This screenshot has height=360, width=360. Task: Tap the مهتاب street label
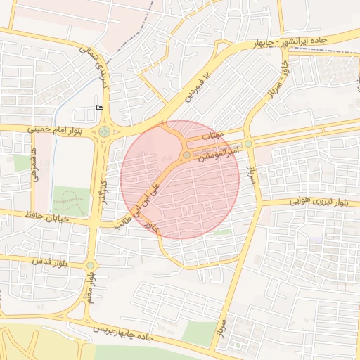pos(212,134)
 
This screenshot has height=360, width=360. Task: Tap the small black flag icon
pos(98,107)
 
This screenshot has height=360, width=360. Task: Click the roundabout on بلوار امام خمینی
pos(104,131)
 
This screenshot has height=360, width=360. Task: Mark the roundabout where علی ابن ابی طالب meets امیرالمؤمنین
pos(186,155)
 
